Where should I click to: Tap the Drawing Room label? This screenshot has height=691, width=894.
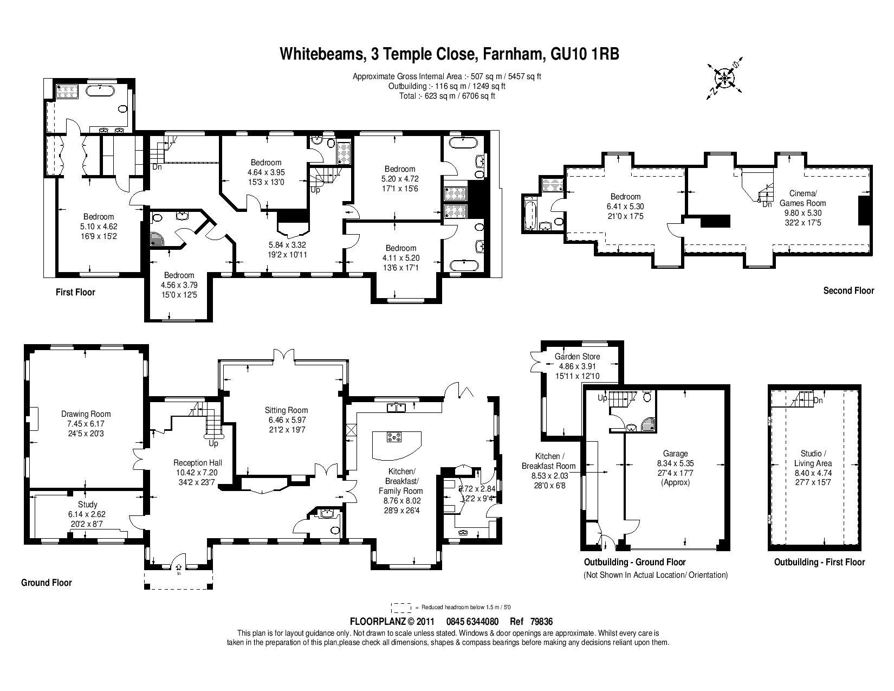tap(86, 414)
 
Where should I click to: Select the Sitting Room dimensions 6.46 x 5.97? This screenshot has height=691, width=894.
tap(287, 420)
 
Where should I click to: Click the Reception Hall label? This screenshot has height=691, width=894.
tap(197, 463)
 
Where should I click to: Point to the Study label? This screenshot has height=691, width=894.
tap(88, 505)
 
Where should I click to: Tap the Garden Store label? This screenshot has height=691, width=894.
tap(577, 357)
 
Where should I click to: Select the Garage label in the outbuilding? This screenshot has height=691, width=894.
tap(675, 454)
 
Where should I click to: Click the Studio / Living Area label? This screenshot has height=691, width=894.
tap(813, 458)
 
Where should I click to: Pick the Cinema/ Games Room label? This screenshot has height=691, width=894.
tap(802, 198)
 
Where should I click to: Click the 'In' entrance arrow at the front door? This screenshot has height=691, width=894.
tap(179, 569)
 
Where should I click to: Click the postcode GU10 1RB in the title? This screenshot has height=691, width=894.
tap(585, 54)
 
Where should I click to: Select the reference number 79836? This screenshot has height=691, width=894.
tap(541, 622)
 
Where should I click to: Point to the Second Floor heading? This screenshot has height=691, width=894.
tap(848, 290)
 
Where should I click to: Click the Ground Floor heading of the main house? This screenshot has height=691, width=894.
tap(47, 583)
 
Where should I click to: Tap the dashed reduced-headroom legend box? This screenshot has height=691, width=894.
tap(401, 608)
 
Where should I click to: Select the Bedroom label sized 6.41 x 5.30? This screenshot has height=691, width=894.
tap(625, 197)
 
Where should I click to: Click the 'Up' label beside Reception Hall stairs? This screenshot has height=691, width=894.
tap(213, 444)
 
